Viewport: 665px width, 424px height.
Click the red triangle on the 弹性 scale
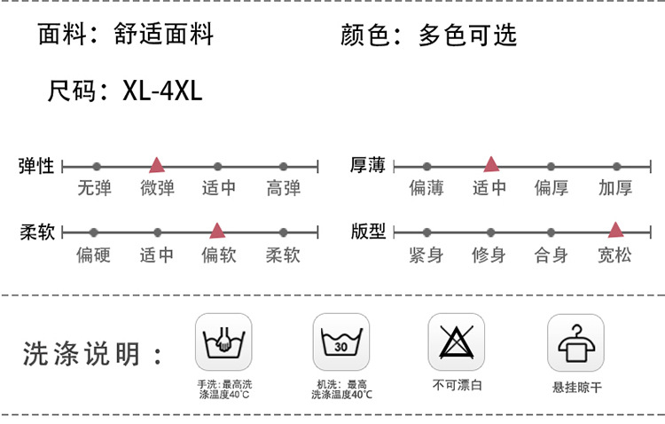pyautogui.click(x=157, y=164)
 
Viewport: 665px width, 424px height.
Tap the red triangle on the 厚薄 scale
pyautogui.click(x=490, y=163)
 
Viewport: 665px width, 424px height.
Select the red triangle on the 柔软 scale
pyautogui.click(x=217, y=231)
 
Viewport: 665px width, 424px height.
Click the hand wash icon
pyautogui.click(x=223, y=342)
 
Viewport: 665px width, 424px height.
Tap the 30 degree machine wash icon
pyautogui.click(x=340, y=342)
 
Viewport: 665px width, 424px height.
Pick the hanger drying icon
pyautogui.click(x=575, y=342)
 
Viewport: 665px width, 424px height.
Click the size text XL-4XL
pyautogui.click(x=162, y=90)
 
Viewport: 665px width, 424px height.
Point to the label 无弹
pyautogui.click(x=94, y=188)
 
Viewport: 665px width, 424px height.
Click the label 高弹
pyautogui.click(x=284, y=188)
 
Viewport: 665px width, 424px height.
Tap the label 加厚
pyautogui.click(x=615, y=188)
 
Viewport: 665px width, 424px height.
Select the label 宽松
pyautogui.click(x=615, y=255)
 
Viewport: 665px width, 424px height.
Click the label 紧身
pyautogui.click(x=426, y=255)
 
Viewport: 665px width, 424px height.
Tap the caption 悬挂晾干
pyautogui.click(x=576, y=388)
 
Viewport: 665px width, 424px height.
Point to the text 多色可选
pyautogui.click(x=467, y=35)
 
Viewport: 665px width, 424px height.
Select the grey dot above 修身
pyautogui.click(x=489, y=232)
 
